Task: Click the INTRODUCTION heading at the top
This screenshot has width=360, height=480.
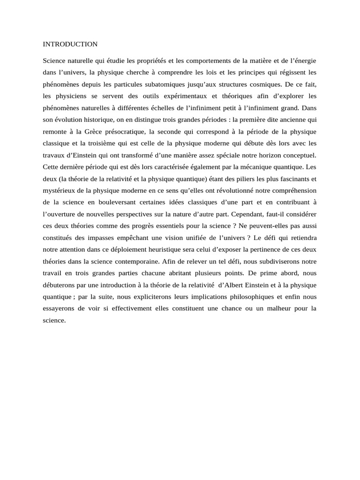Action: click(x=70, y=45)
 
